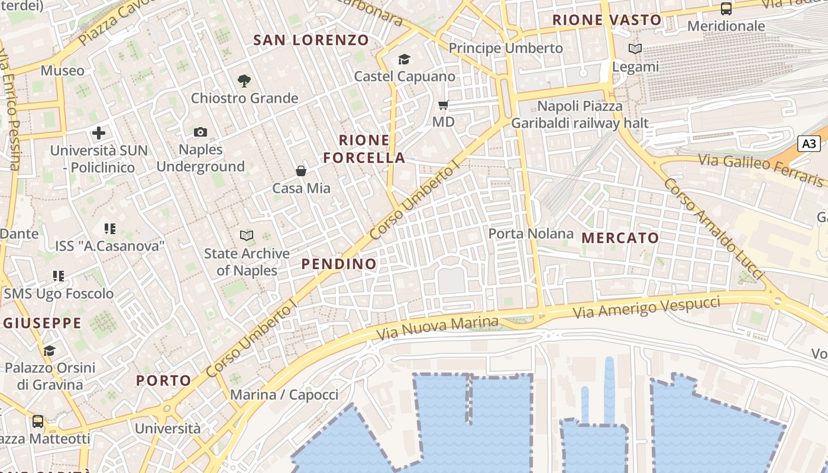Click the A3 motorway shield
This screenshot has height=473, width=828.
[x=809, y=144]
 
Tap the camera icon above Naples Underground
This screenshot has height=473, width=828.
[x=200, y=132]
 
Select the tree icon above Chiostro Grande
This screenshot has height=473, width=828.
[x=244, y=81]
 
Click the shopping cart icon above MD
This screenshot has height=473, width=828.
[x=443, y=105]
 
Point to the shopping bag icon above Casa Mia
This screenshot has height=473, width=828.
[x=301, y=171]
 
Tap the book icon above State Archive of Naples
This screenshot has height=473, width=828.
[x=247, y=236]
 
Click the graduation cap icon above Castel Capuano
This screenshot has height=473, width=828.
[x=404, y=59]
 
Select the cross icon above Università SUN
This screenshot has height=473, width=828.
[x=99, y=133]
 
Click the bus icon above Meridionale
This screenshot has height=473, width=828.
[x=726, y=9]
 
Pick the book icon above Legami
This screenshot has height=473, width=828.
[x=635, y=49]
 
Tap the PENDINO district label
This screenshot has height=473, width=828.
[x=339, y=264]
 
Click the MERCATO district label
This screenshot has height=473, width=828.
[x=620, y=238]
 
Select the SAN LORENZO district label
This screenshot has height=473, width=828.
[x=311, y=40]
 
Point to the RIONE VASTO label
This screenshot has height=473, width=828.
[x=607, y=20]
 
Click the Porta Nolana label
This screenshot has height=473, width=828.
[x=531, y=234]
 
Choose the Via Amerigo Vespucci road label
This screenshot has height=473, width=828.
[x=647, y=308]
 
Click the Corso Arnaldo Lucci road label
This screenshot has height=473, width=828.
[x=713, y=228]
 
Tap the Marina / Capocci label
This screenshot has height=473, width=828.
[x=284, y=395]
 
